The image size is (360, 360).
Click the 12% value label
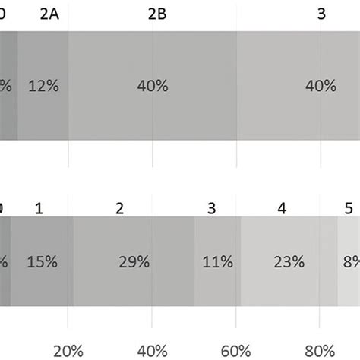(x=42, y=87)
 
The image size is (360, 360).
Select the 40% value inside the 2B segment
(x=153, y=87)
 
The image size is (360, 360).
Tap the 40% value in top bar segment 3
(x=320, y=87)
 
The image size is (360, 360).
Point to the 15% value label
(x=42, y=262)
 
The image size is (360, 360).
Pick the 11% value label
(x=216, y=262)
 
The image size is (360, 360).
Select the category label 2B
(x=157, y=13)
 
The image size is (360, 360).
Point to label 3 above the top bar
(x=321, y=13)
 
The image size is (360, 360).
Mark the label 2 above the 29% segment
(x=119, y=207)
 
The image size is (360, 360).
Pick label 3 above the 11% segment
(x=212, y=207)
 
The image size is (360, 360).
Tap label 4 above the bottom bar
(x=282, y=207)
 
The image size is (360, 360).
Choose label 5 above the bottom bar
(x=349, y=207)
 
